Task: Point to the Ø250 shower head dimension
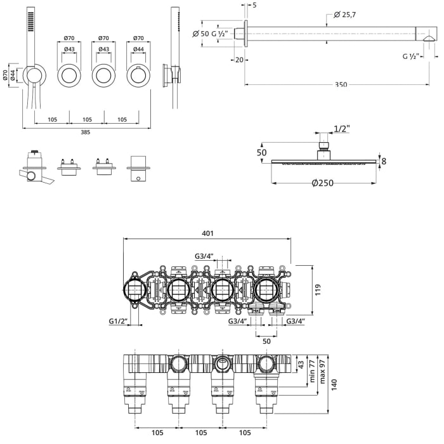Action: pyautogui.click(x=322, y=184)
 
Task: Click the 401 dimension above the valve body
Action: pyautogui.click(x=207, y=233)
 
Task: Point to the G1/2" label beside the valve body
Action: pyautogui.click(x=119, y=322)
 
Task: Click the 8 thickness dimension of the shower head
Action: pyautogui.click(x=384, y=161)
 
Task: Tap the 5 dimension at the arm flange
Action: pyautogui.click(x=254, y=5)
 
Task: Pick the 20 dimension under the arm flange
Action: pyautogui.click(x=239, y=60)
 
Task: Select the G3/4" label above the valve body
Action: pyautogui.click(x=204, y=256)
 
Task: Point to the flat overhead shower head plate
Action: pyautogui.click(x=323, y=162)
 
